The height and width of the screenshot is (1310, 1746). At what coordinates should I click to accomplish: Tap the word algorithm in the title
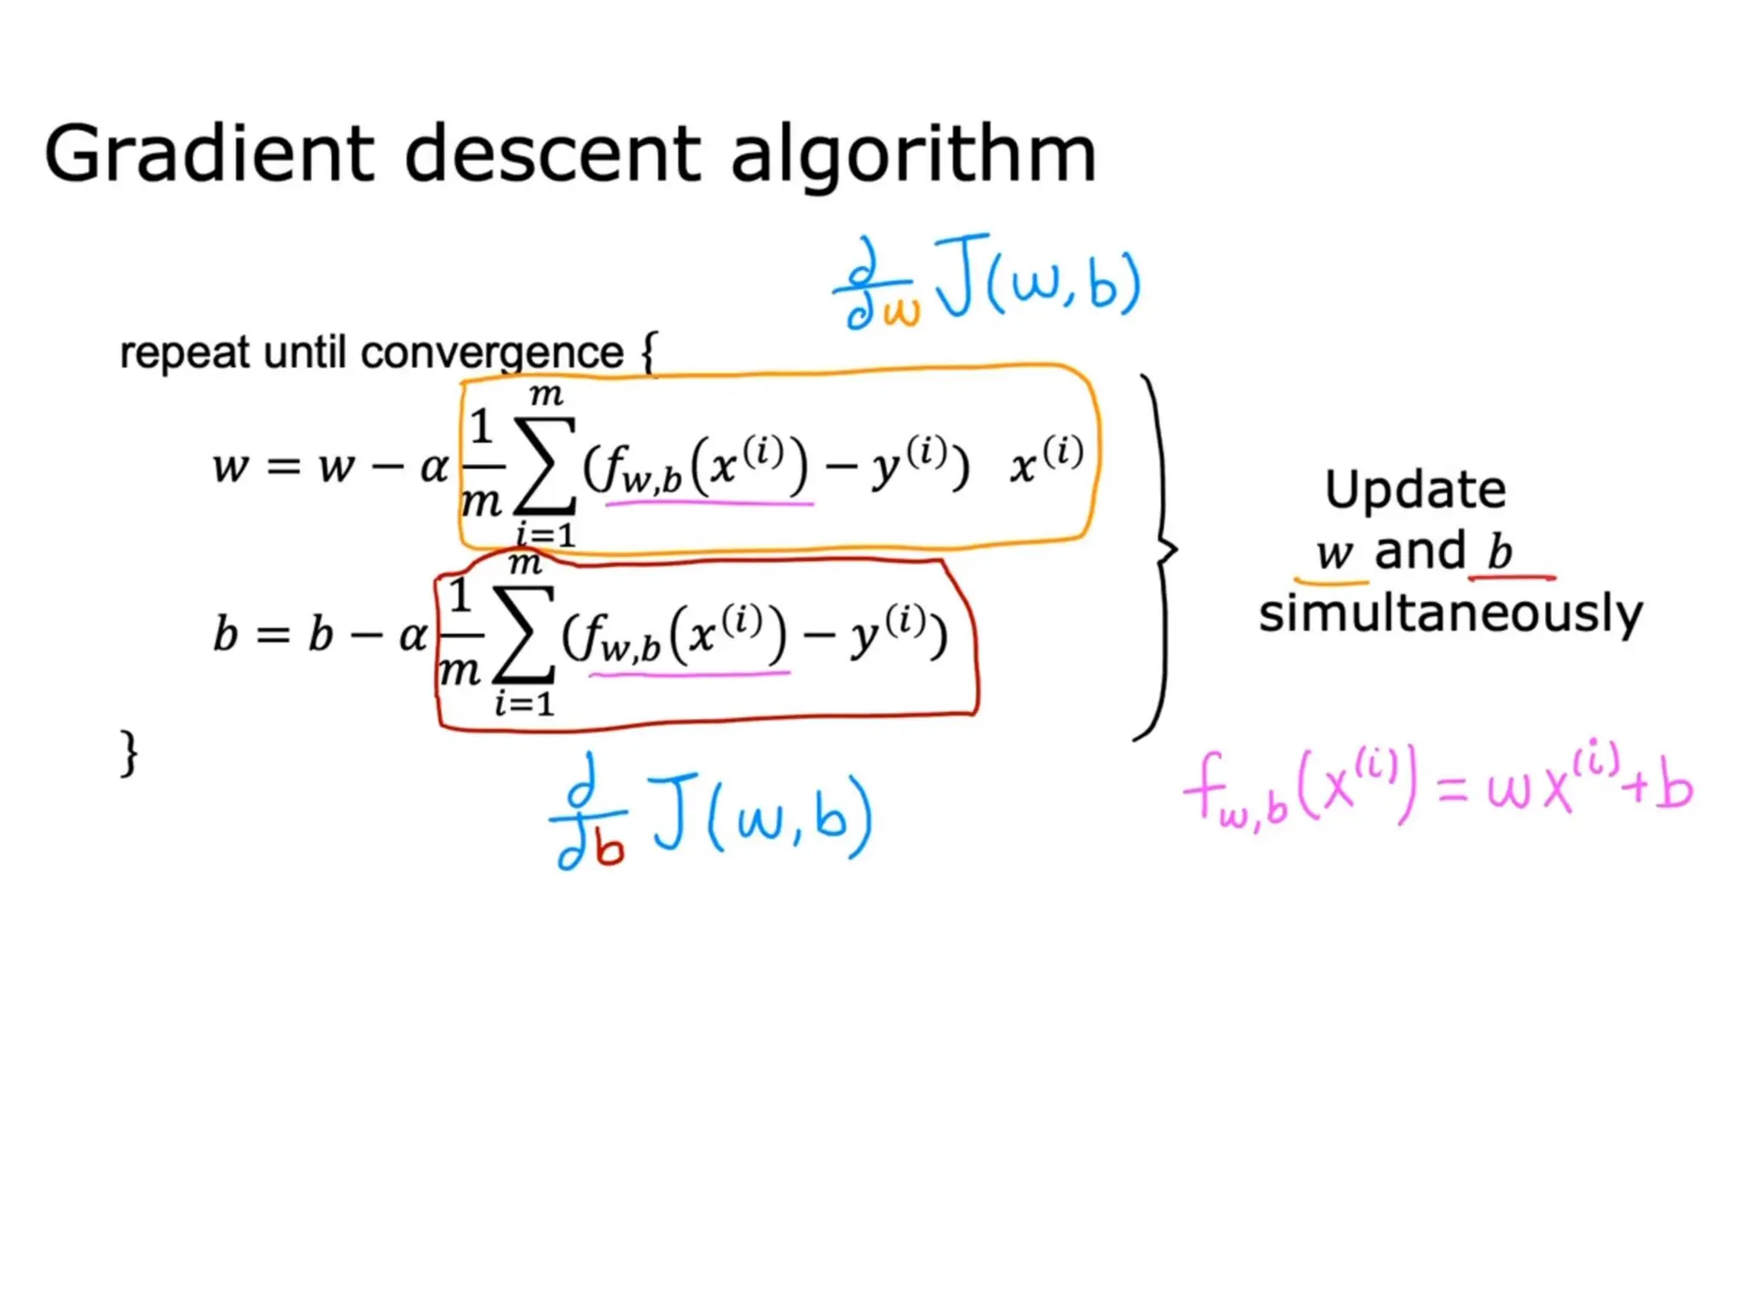pyautogui.click(x=913, y=155)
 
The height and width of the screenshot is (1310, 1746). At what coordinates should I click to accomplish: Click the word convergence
pyautogui.click(x=492, y=352)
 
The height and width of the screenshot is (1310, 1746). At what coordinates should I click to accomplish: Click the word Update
pyautogui.click(x=1415, y=490)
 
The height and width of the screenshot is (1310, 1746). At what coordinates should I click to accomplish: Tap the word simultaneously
pyautogui.click(x=1450, y=614)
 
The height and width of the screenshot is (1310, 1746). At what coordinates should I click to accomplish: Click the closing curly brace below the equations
pyautogui.click(x=129, y=752)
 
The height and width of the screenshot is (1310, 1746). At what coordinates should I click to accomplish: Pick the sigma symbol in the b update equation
pyautogui.click(x=523, y=635)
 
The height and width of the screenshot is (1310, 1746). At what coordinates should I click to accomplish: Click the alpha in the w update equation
pyautogui.click(x=434, y=467)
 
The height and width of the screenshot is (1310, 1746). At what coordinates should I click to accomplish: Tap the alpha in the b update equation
pyautogui.click(x=413, y=635)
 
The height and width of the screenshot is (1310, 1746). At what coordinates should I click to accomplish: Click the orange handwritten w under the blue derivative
pyautogui.click(x=901, y=311)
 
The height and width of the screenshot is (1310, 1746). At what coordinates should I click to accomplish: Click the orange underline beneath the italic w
pyautogui.click(x=1331, y=582)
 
